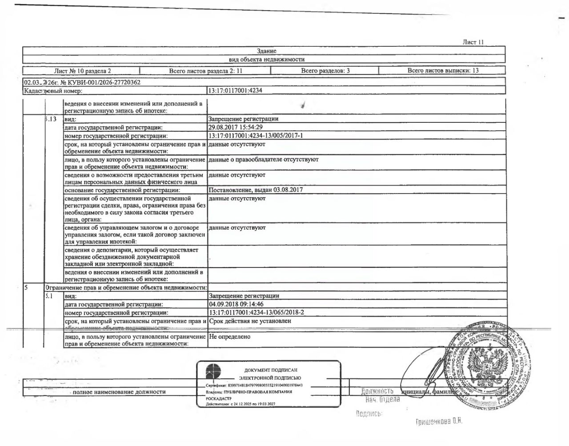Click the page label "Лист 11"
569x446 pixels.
coord(473,42)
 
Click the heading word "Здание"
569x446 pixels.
coord(266,51)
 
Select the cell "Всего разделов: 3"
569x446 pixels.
coord(325,71)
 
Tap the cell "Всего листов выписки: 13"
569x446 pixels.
coord(443,71)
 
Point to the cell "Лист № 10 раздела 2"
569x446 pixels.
coord(83,71)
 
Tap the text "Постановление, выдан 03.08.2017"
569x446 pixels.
coord(256,190)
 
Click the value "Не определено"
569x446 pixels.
coord(229,337)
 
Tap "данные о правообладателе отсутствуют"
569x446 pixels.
coord(263,159)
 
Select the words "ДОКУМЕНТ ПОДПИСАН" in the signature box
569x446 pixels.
coord(271,370)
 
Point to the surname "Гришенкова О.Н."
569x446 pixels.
coord(439,422)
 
